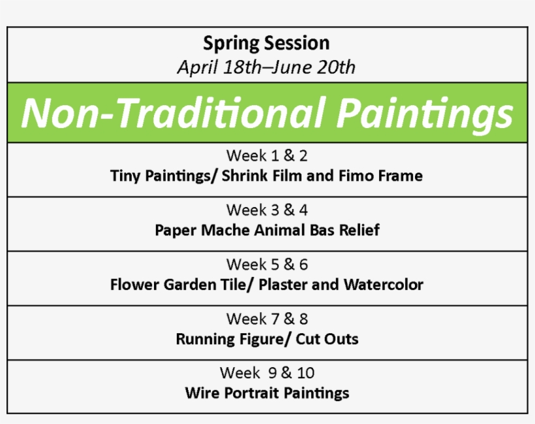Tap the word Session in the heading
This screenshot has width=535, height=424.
click(297, 43)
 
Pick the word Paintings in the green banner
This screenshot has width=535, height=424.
click(425, 115)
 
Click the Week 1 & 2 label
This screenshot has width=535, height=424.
click(267, 155)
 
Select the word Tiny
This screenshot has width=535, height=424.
click(125, 176)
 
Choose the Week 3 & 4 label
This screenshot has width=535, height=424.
click(267, 210)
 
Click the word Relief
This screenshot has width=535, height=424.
click(359, 230)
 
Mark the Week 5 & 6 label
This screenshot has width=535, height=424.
click(267, 265)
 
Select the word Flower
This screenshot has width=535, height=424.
click(135, 285)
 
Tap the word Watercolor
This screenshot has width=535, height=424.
click(383, 285)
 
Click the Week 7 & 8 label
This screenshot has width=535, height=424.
click(267, 319)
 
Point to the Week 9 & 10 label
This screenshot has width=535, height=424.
click(267, 373)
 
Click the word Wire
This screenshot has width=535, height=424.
click(202, 393)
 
